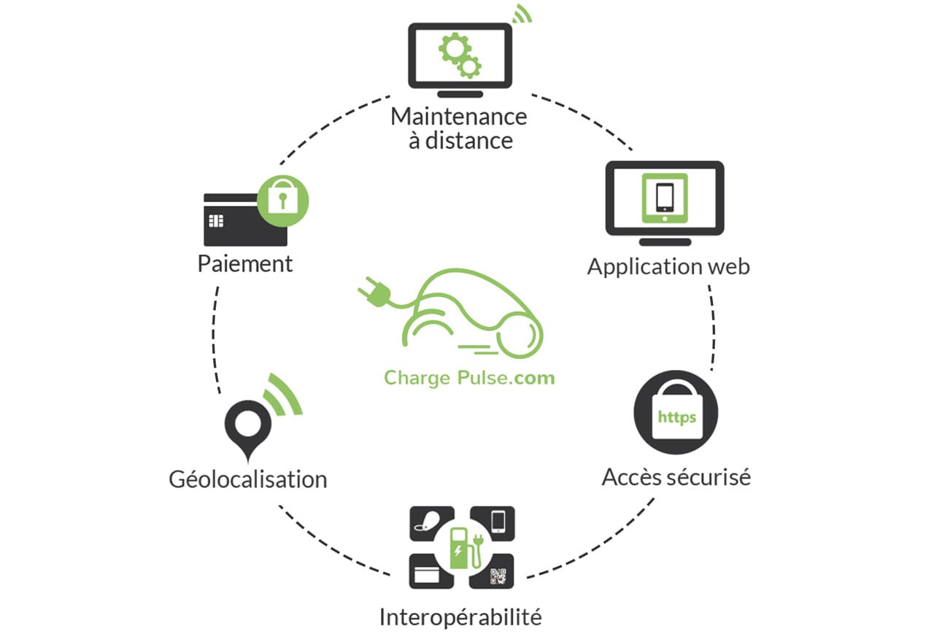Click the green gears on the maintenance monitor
pos(460,56)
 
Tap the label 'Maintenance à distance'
pos(459,128)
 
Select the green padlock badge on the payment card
pos(282,201)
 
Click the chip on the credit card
pos(216,220)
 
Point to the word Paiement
pos(245,264)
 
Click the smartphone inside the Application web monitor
pos(665,197)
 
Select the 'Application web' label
pos(668,267)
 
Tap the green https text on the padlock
pos(676,417)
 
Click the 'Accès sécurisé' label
pos(676,477)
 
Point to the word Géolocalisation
pos(248,479)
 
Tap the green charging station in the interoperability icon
pos(466,548)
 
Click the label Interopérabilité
pos(460,617)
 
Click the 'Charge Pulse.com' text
pos(469,378)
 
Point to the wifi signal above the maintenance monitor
pos(522,14)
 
